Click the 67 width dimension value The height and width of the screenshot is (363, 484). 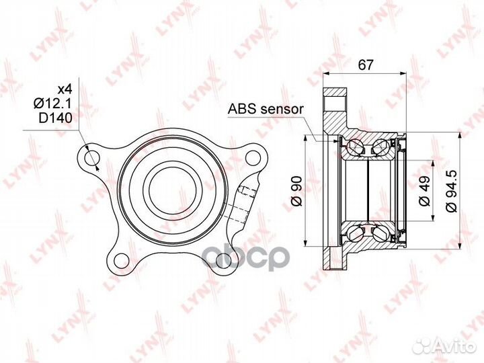pyautogui.click(x=366, y=65)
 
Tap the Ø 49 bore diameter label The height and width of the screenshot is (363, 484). pyautogui.click(x=425, y=191)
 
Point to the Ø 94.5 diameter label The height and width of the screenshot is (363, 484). pyautogui.click(x=451, y=191)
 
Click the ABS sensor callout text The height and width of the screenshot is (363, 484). pyautogui.click(x=266, y=109)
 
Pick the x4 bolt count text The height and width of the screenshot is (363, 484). pyautogui.click(x=65, y=89)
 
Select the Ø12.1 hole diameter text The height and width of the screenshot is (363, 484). pyautogui.click(x=52, y=104)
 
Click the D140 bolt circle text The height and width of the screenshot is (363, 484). pyautogui.click(x=56, y=118)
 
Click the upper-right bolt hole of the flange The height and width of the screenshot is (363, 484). pyautogui.click(x=252, y=158)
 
